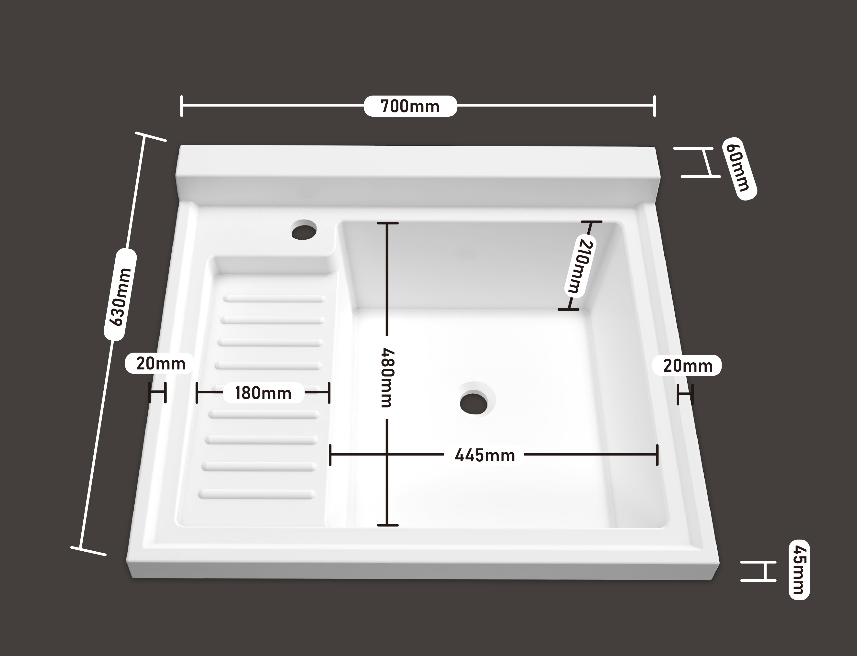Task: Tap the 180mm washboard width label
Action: [263, 393]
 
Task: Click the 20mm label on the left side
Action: [160, 364]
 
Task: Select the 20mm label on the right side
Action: [688, 366]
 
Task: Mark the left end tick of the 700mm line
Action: [182, 106]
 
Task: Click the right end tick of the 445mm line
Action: [658, 455]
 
